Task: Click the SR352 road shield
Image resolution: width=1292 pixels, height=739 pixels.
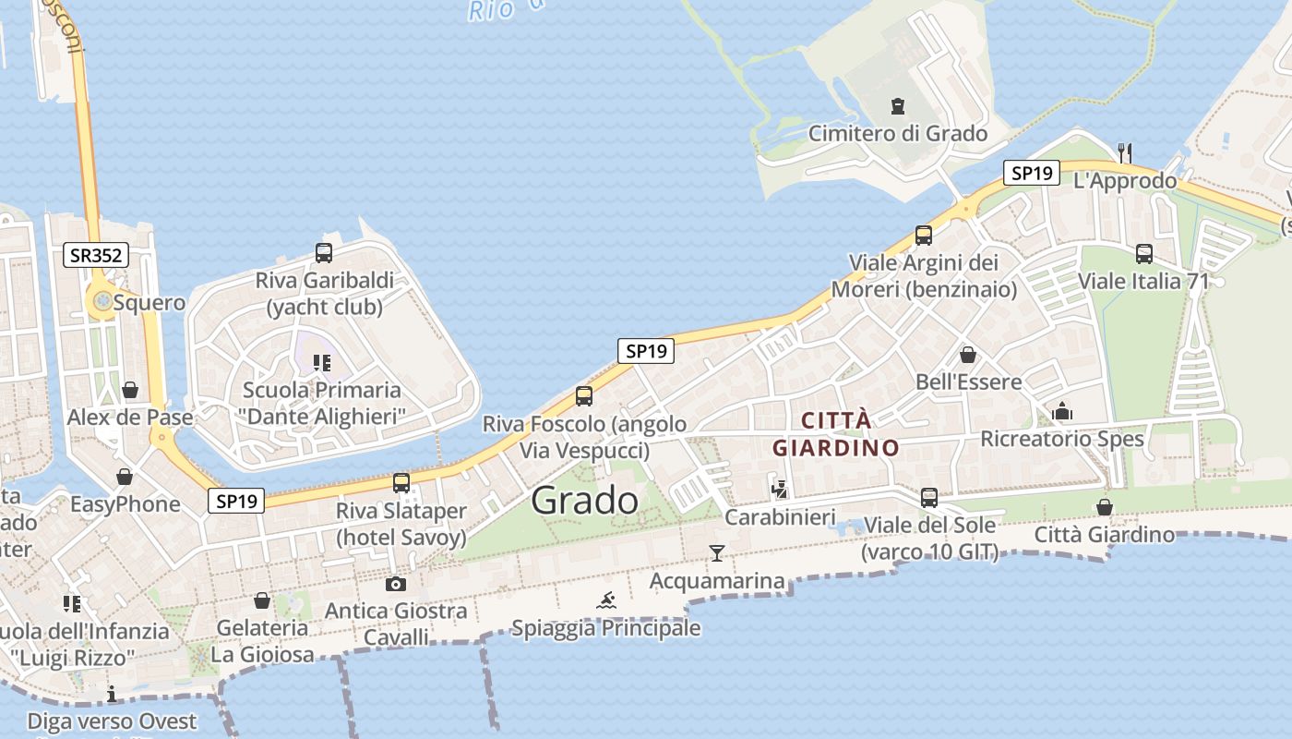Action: point(96,255)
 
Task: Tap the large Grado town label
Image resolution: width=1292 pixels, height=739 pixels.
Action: point(584,500)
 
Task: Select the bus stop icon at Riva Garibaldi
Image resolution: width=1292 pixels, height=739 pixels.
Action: point(324,252)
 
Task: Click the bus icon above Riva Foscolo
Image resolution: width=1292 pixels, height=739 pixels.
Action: point(584,396)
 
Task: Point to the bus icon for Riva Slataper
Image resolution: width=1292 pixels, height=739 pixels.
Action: point(401,482)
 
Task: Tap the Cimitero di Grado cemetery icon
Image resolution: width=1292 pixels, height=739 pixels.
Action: point(898,106)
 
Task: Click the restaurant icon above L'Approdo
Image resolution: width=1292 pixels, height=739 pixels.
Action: point(1124,152)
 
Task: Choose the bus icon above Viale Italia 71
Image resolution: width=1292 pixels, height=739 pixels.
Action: point(1144,253)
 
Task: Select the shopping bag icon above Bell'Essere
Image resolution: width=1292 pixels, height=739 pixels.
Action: point(968,355)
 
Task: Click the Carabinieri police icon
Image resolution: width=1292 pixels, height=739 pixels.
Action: point(780,490)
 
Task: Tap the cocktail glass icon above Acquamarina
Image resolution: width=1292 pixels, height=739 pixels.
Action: point(717,553)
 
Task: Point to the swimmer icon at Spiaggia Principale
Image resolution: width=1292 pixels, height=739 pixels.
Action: point(606,601)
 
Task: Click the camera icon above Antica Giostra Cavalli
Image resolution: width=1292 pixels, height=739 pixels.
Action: point(395,584)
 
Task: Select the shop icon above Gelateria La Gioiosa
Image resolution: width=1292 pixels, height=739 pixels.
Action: point(262,600)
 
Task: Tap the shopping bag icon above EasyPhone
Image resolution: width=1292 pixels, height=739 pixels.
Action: point(125,477)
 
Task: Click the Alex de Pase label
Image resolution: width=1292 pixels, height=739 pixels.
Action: point(130,417)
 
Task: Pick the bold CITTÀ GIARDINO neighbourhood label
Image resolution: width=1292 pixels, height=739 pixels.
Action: point(836,434)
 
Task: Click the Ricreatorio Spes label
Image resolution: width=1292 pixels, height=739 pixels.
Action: point(1062,439)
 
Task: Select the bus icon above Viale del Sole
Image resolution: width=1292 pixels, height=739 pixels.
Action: point(929,498)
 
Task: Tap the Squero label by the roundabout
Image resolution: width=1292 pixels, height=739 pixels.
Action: point(150,302)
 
